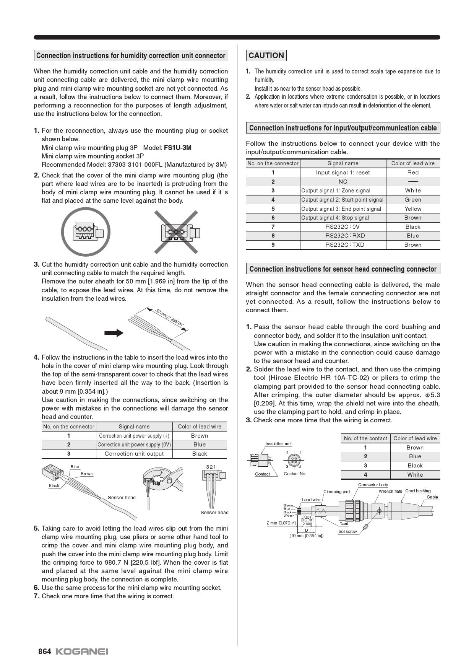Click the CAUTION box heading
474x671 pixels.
(x=266, y=55)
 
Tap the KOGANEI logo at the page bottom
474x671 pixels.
(x=82, y=651)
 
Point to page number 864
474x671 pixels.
(x=44, y=651)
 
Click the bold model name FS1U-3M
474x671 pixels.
(x=177, y=148)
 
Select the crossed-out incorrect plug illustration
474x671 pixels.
(x=176, y=232)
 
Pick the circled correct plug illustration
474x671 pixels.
(x=86, y=232)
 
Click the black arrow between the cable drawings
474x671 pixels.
(x=114, y=333)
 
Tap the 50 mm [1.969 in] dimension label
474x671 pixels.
(x=169, y=317)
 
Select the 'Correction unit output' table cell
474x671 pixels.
(x=134, y=454)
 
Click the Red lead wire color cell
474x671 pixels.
(x=413, y=173)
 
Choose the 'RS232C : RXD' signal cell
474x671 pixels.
(x=343, y=236)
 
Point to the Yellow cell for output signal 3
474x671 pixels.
(x=413, y=209)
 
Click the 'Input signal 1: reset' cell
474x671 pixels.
(x=343, y=173)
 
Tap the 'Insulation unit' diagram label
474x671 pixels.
(x=278, y=444)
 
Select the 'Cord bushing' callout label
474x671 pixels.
(x=418, y=491)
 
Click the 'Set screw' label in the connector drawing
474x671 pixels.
(x=347, y=531)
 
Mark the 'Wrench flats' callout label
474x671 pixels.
(x=390, y=491)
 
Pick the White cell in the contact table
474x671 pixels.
(x=415, y=475)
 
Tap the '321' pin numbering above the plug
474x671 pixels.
(x=211, y=467)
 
